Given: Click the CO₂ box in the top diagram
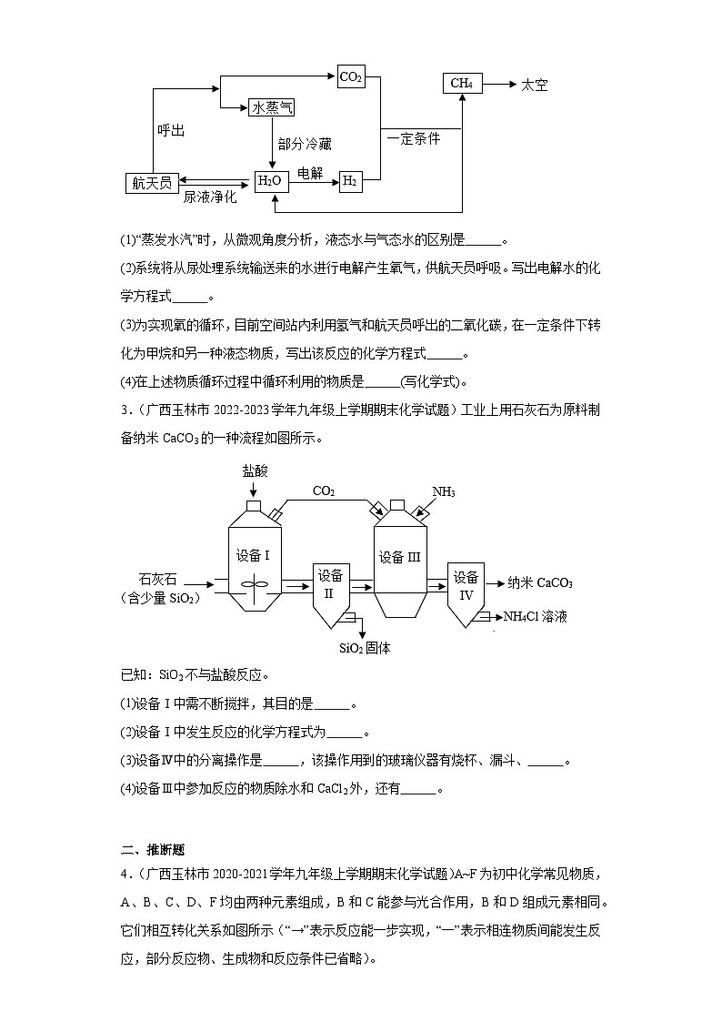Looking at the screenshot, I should (351, 77).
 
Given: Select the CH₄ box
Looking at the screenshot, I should (462, 84).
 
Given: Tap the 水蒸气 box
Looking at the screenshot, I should (272, 108).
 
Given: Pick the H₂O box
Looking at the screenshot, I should (271, 181).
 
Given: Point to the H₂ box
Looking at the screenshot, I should (350, 181).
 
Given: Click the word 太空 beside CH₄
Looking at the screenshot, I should (535, 85).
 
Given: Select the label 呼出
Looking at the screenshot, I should (171, 131).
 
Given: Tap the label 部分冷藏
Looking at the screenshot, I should (306, 145).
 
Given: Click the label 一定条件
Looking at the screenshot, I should (414, 139).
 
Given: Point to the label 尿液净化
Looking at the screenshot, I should (209, 197).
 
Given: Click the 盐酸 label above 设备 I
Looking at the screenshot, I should (255, 471).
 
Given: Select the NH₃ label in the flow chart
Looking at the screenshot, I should (443, 492).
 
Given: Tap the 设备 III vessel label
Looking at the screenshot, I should (400, 556).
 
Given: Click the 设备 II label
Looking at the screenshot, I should (330, 583).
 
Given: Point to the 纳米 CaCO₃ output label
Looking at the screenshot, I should (540, 583).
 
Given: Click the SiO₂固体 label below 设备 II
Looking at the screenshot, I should (365, 648).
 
